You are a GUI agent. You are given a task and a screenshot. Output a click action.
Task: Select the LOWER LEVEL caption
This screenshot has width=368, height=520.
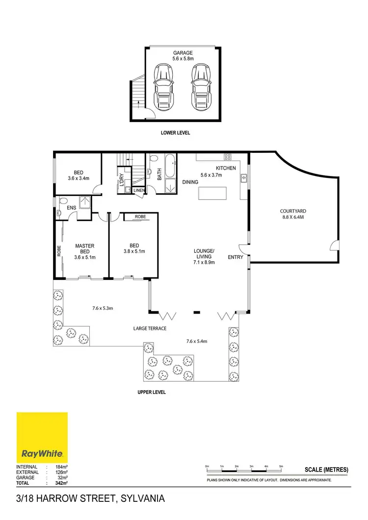(x=175, y=133)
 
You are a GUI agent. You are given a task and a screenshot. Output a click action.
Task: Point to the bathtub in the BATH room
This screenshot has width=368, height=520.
(x=170, y=167)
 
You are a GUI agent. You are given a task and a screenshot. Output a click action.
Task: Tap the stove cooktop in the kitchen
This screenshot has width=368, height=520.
(x=228, y=157)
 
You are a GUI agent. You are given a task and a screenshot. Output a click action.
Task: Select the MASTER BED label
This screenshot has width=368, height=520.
(x=84, y=248)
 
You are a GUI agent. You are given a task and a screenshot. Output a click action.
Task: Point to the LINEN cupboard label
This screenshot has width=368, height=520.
(x=139, y=190)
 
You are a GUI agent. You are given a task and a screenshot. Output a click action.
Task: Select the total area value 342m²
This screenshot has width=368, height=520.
(x=60, y=483)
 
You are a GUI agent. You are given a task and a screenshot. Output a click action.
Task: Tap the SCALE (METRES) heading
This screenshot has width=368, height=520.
(x=327, y=470)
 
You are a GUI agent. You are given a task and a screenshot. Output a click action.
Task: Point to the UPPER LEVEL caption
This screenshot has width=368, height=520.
(x=152, y=392)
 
